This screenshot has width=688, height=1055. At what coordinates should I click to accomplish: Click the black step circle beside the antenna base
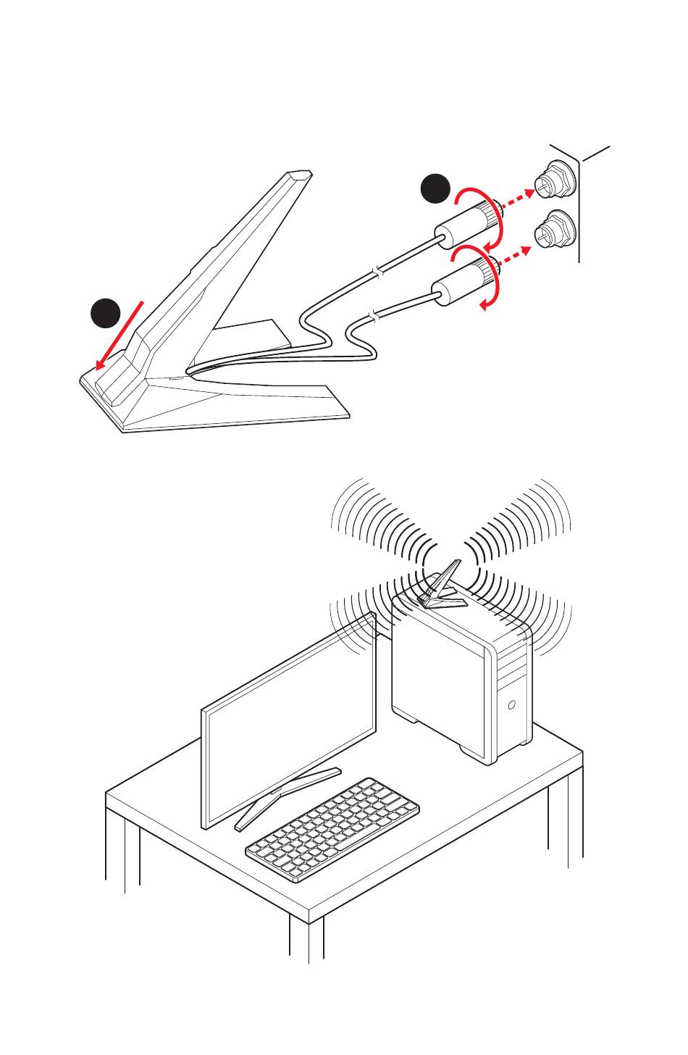106,314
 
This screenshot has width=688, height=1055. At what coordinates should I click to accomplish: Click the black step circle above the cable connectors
436,190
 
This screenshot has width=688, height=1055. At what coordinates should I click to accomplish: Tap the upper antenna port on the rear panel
554,183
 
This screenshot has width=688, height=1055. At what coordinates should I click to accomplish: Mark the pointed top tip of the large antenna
299,174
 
